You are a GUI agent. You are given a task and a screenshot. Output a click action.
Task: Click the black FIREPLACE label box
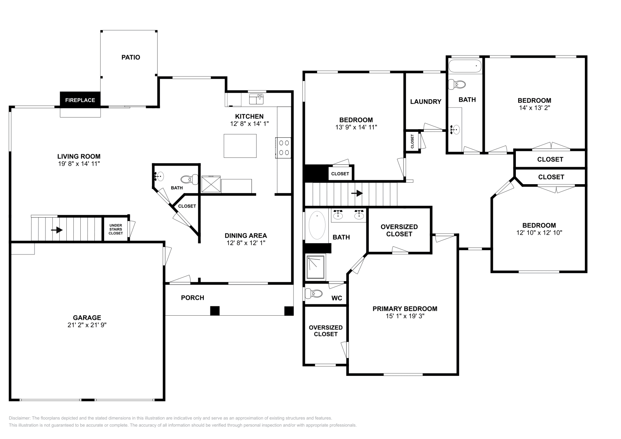click(x=80, y=100)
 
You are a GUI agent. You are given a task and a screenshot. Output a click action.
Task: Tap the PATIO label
click(x=131, y=57)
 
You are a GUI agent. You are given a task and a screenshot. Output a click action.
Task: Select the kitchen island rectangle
click(x=240, y=146)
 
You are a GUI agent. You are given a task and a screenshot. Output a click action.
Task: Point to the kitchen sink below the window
click(x=256, y=100)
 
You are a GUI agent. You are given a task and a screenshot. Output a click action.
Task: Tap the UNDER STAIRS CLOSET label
click(x=116, y=229)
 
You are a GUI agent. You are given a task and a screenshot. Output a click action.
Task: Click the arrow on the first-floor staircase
click(x=57, y=230)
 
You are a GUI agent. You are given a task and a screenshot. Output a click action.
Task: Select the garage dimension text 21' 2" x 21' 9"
click(x=87, y=325)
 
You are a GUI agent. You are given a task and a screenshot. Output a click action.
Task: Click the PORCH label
click(x=193, y=298)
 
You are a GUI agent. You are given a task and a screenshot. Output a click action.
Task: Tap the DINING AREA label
click(x=246, y=235)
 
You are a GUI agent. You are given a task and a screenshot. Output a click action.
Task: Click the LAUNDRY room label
click(x=426, y=102)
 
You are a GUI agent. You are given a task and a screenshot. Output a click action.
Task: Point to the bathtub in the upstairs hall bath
click(x=465, y=66)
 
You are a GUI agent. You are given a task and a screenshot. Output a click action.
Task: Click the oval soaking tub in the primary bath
click(x=317, y=225)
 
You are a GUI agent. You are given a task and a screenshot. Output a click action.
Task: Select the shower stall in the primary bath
click(x=316, y=267)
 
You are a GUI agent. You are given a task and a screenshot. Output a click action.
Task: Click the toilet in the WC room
click(x=316, y=294)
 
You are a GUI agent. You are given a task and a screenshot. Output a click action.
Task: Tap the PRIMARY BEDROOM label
click(x=405, y=309)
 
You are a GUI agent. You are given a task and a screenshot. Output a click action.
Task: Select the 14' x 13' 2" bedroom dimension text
click(x=534, y=108)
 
